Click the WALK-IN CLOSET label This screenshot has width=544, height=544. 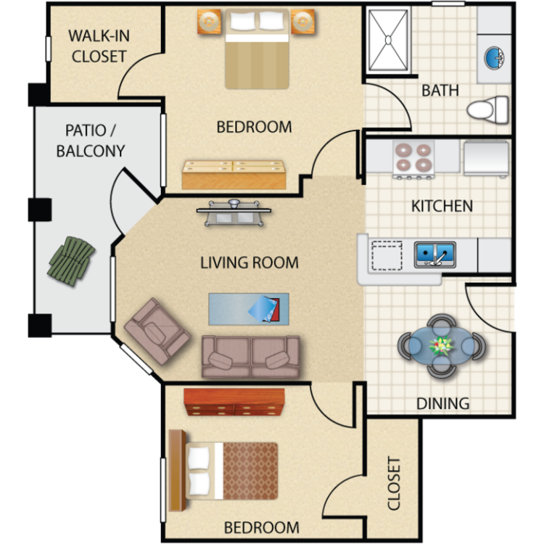coord(99,46)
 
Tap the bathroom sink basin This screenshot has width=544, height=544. coord(494,57)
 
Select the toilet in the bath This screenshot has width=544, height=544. coord(487,110)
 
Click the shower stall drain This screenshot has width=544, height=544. coord(388,40)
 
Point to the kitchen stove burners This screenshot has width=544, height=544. coord(413,157)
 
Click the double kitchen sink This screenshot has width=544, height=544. coord(435,254)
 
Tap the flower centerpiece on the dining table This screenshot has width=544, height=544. coord(441,346)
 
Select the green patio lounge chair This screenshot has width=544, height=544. coord(71,261)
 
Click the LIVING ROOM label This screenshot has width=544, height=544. coord(250,263)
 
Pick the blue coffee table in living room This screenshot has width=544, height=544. coord(248,309)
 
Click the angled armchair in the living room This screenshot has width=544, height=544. coord(157,331)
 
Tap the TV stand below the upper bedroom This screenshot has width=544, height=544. coord(234,213)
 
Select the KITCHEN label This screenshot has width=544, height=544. coord(442,206)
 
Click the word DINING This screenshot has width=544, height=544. coord(442,403)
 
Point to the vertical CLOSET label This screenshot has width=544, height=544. coord(394,483)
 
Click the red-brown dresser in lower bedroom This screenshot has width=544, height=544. coord(234,402)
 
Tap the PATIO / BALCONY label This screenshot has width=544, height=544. coord(91,141)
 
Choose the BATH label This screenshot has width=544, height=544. coord(440,90)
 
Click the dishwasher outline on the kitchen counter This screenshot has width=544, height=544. coord(387,256)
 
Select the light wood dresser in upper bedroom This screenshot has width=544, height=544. coord(234,175)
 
